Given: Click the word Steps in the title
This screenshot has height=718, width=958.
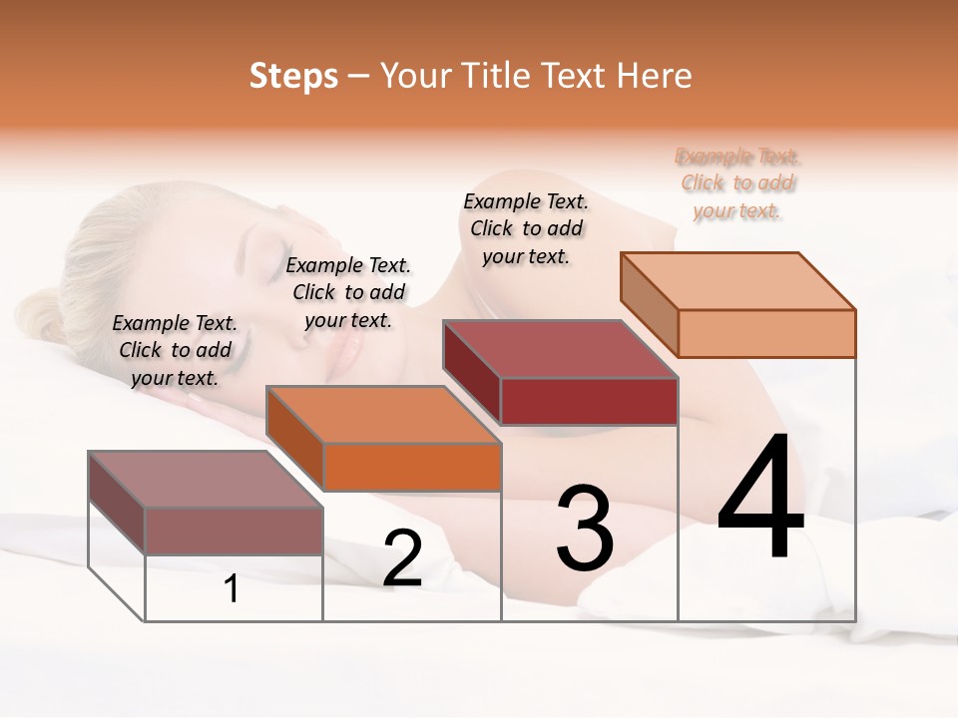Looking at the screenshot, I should click(293, 76).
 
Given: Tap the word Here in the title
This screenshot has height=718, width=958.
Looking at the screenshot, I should click(654, 76).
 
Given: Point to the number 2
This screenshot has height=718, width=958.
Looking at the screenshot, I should click(402, 558).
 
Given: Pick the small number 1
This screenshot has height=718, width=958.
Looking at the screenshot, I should click(232, 589).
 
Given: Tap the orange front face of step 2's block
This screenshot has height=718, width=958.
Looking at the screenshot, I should click(412, 467).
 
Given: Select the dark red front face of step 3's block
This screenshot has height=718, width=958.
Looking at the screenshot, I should click(589, 401).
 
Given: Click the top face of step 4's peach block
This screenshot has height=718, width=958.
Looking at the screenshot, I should click(738, 280).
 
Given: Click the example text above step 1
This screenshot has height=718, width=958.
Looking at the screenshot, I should click(175, 350).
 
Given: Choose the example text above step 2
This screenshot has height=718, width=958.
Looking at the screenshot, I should click(348, 292).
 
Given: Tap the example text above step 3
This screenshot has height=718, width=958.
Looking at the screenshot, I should click(526, 228).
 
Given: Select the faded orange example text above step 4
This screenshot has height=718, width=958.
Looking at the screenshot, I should click(738, 183).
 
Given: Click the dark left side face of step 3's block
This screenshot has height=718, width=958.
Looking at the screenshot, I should click(471, 372).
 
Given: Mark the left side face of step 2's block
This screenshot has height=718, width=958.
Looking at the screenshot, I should click(294, 437).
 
